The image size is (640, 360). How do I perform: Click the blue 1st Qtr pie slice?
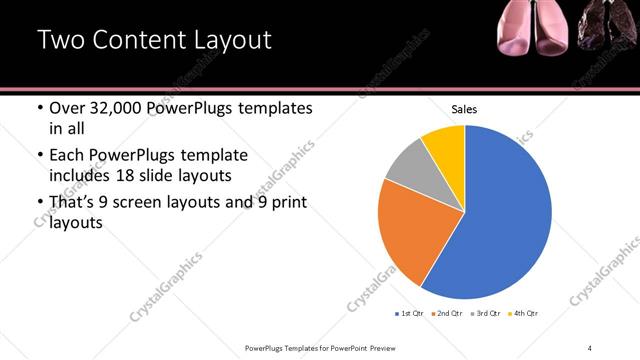pos(505,220)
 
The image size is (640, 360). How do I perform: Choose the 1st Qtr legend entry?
pos(409,314)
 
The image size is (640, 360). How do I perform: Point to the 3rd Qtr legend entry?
pos(487,314)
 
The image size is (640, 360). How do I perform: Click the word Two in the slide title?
pos(59,41)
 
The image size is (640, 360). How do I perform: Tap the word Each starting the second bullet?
pos(66,155)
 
